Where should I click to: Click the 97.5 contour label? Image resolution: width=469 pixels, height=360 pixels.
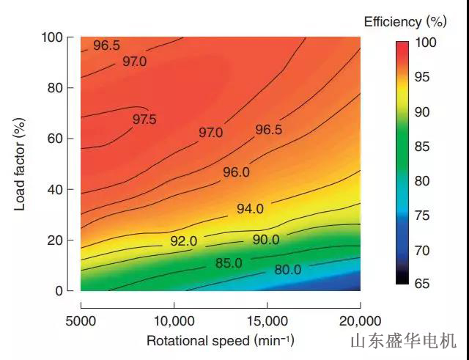[x=144, y=119]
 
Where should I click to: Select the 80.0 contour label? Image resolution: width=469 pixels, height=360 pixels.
[x=287, y=269]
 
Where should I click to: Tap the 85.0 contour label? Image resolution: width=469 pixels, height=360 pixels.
[x=229, y=262]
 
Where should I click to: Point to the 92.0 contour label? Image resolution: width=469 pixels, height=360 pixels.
[x=183, y=241]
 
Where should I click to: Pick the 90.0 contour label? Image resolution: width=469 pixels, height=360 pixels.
[x=265, y=240]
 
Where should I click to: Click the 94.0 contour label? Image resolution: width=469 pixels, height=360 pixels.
[x=250, y=209]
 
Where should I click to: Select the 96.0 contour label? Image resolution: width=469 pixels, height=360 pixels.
[x=236, y=172]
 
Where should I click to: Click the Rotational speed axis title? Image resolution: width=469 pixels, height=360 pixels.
[x=220, y=341]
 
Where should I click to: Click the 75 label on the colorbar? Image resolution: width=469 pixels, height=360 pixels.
[x=424, y=216]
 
